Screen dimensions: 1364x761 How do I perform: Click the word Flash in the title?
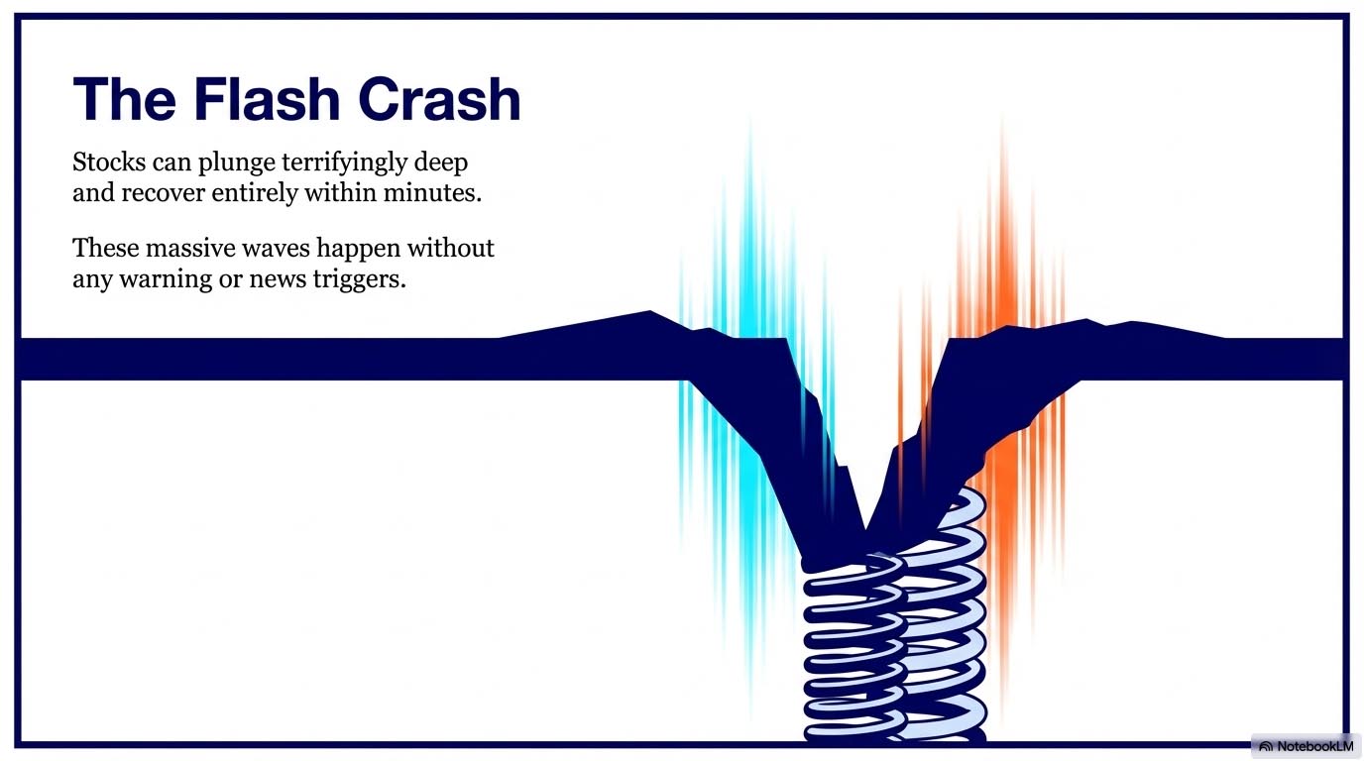pyautogui.click(x=267, y=99)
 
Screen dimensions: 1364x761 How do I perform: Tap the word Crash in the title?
pyautogui.click(x=439, y=99)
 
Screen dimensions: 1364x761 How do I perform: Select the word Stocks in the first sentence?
pyautogui.click(x=109, y=162)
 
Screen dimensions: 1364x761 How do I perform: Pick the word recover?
pyautogui.click(x=163, y=193)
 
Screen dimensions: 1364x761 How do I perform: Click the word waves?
pyautogui.click(x=276, y=250)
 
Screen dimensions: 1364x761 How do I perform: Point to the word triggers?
pyautogui.click(x=359, y=280)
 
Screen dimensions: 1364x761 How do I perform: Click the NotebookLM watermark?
pyautogui.click(x=1306, y=746)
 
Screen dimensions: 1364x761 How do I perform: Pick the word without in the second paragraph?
pyautogui.click(x=451, y=248)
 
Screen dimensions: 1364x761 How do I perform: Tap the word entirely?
pyautogui.click(x=255, y=194)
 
